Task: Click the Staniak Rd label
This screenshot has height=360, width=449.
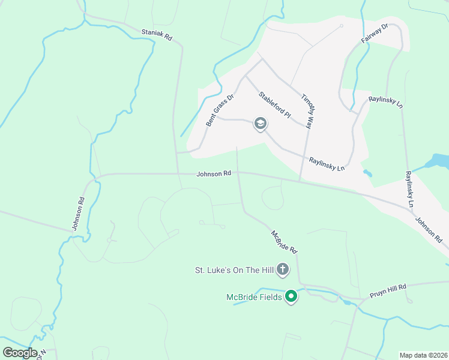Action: pyautogui.click(x=157, y=35)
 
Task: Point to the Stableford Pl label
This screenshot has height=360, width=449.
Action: pyautogui.click(x=274, y=104)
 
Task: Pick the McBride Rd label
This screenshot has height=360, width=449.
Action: pyautogui.click(x=284, y=241)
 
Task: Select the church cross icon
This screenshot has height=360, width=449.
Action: pyautogui.click(x=283, y=270)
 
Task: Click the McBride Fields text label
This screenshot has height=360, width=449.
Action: pyautogui.click(x=253, y=297)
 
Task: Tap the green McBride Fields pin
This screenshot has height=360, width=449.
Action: pyautogui.click(x=291, y=296)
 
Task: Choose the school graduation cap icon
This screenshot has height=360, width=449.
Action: pyautogui.click(x=260, y=124)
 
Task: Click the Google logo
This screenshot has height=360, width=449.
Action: pyautogui.click(x=20, y=352)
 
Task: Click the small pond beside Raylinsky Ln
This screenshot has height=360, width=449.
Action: pyautogui.click(x=367, y=173)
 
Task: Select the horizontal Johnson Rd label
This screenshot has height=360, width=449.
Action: pyautogui.click(x=214, y=174)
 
